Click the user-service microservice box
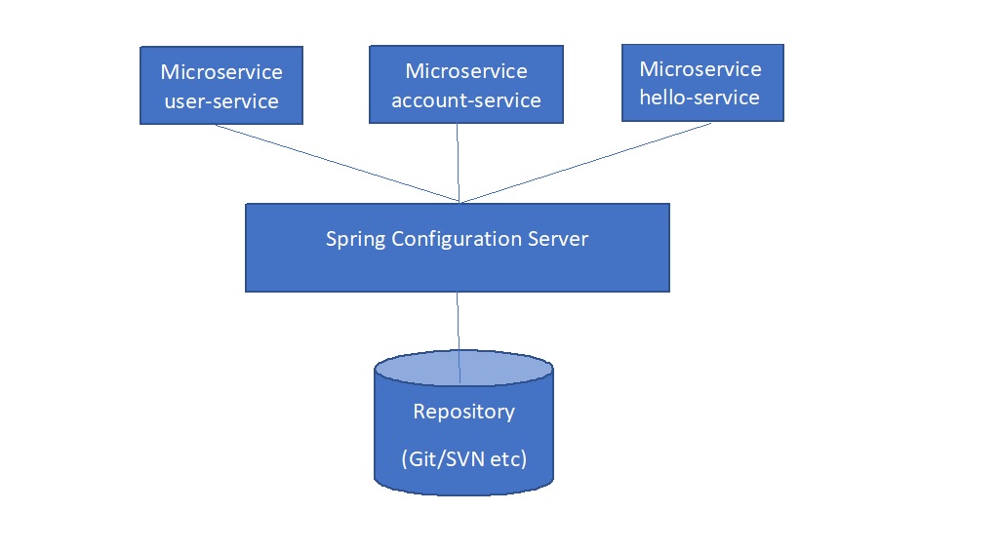click(221, 86)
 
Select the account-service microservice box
click(465, 85)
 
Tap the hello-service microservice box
click(702, 83)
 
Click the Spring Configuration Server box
click(457, 247)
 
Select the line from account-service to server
click(458, 163)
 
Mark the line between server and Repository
click(458, 322)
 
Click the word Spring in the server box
click(355, 239)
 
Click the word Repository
click(463, 412)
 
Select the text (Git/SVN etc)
click(463, 458)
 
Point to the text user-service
click(221, 100)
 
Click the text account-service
click(465, 99)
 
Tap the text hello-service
click(699, 98)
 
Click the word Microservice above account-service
click(465, 71)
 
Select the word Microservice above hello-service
click(700, 69)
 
